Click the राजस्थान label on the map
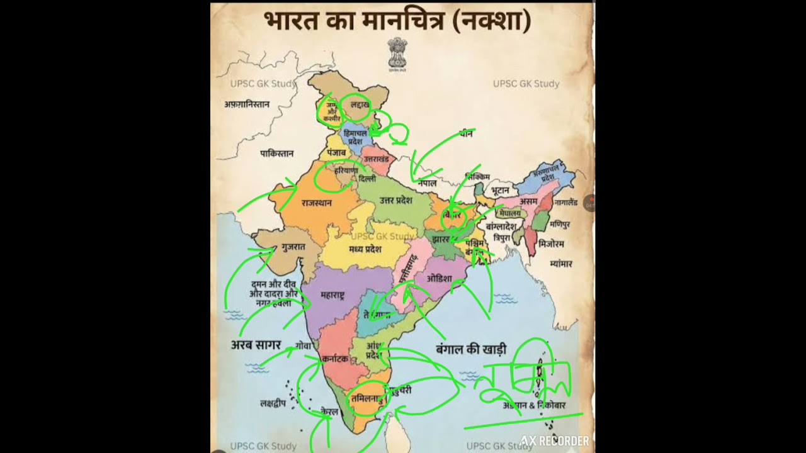point(316,203)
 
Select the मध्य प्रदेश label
point(365,249)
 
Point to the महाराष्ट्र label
point(332,294)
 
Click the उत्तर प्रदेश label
point(395,201)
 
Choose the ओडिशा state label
point(439,278)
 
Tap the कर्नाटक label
point(335,359)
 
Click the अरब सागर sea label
point(256,345)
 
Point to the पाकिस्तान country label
point(277,154)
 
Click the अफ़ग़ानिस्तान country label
point(247,104)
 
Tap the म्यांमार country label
point(560,264)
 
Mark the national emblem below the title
point(397,54)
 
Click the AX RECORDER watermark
point(554,441)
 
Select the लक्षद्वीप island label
point(273,403)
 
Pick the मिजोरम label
point(552,243)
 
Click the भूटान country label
point(500,189)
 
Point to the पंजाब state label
point(337,154)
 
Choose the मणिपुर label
point(560,224)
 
